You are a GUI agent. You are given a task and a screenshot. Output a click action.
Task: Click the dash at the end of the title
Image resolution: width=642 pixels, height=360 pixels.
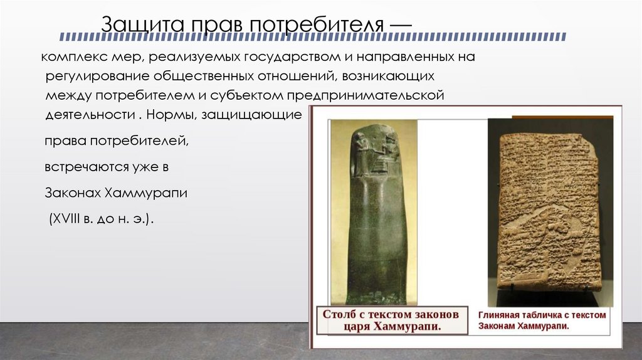pos(401,25)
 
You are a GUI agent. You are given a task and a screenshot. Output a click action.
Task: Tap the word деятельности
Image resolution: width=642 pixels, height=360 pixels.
pos(89,116)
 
